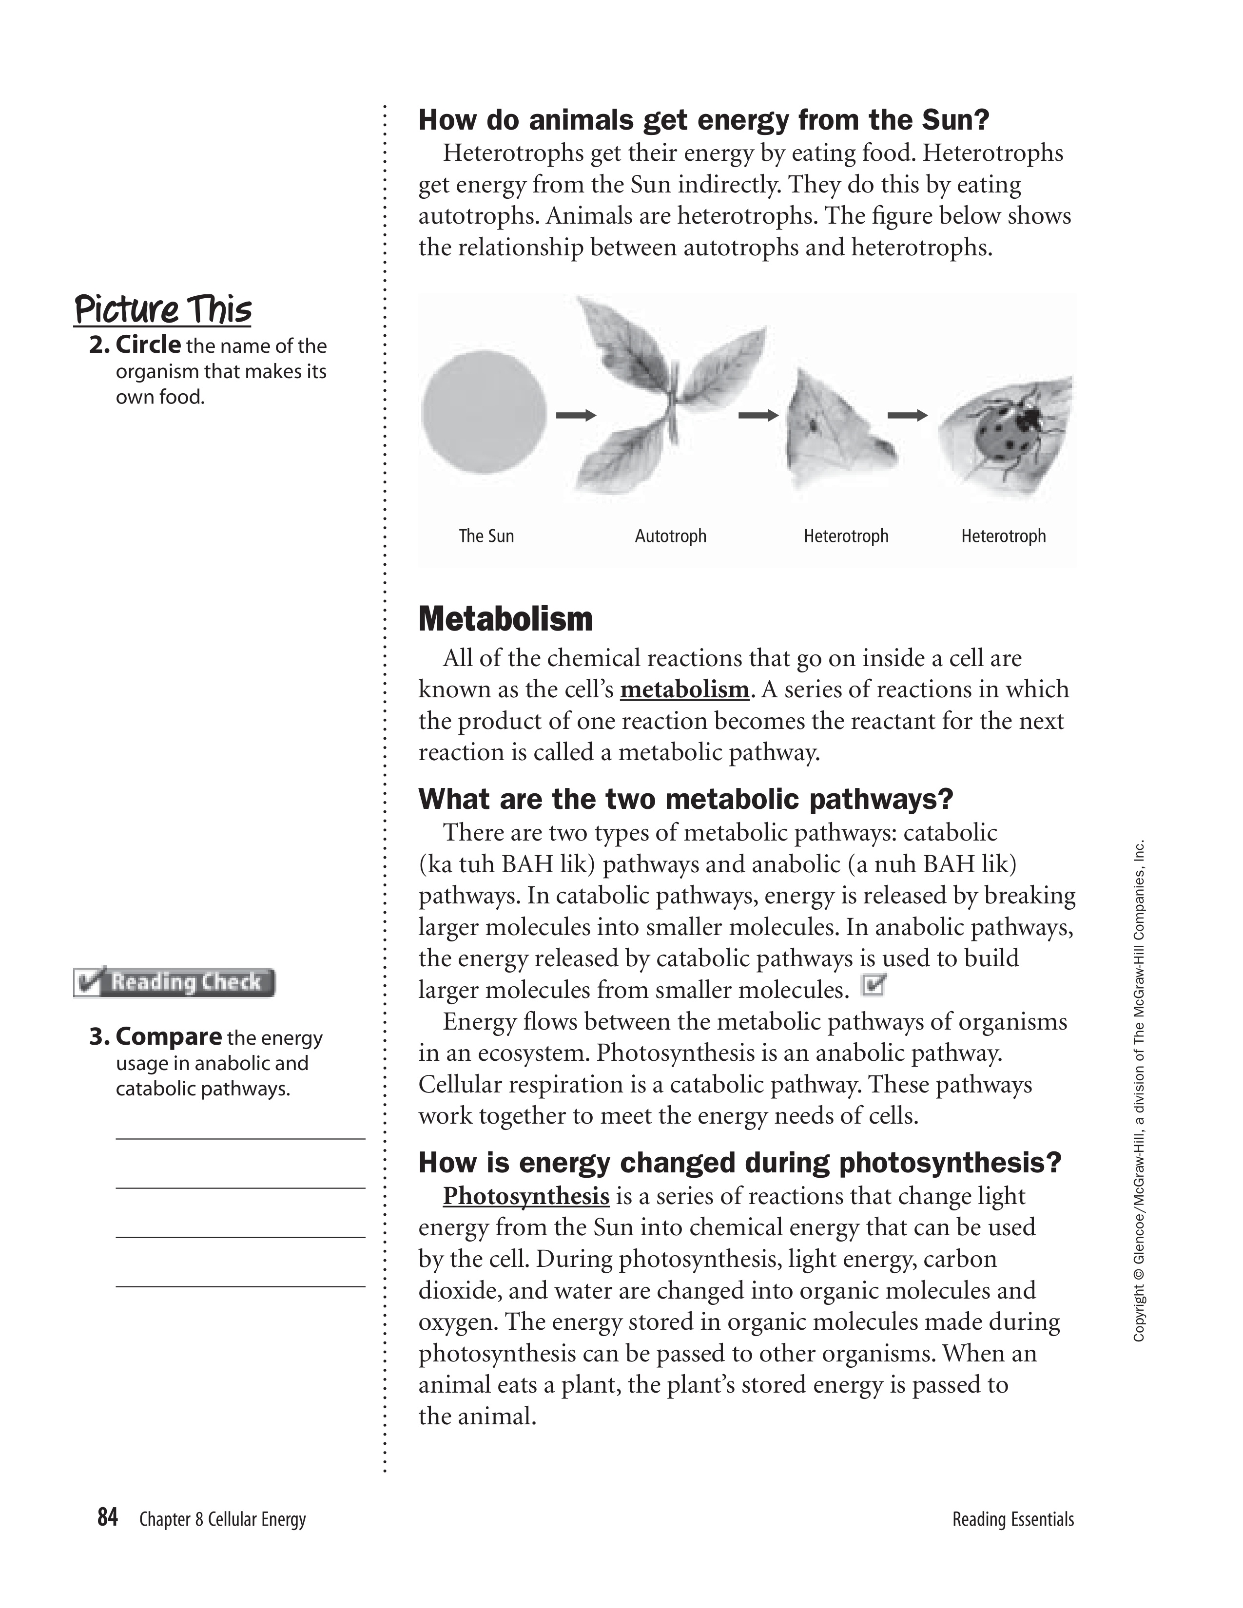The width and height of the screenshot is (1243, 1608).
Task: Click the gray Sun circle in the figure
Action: (484, 413)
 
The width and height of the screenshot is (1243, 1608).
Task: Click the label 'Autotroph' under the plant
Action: (670, 536)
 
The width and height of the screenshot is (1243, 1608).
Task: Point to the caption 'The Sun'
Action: (486, 536)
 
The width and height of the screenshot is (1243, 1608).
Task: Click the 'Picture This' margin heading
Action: (163, 310)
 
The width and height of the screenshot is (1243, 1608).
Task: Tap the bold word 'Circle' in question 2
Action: (148, 345)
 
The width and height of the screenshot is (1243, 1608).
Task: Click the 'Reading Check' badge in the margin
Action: (175, 982)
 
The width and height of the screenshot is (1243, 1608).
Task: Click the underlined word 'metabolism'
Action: (684, 690)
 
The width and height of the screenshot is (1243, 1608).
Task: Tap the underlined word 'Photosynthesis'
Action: (526, 1196)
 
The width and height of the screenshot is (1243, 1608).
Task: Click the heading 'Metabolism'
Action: (505, 619)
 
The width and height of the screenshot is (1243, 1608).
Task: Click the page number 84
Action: (108, 1517)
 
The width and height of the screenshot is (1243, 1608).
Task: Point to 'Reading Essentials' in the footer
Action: (1012, 1519)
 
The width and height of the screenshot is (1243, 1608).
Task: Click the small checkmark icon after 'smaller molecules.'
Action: (874, 985)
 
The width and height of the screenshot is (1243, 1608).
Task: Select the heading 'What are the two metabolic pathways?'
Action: (685, 798)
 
